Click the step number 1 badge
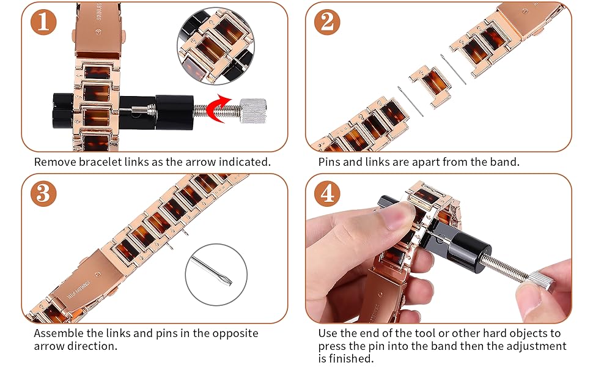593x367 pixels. point(43,21)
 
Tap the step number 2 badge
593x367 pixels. point(328,21)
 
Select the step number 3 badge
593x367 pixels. point(43,193)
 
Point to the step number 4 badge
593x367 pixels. point(328,193)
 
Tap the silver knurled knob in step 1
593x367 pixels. point(253,111)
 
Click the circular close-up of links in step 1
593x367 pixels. point(216,46)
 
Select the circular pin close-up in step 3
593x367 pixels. point(216,275)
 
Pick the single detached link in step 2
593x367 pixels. point(430,86)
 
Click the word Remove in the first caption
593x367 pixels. point(55,162)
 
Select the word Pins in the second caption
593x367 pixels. point(330,162)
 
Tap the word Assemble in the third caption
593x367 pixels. point(59,333)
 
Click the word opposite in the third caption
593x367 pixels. point(235,334)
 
